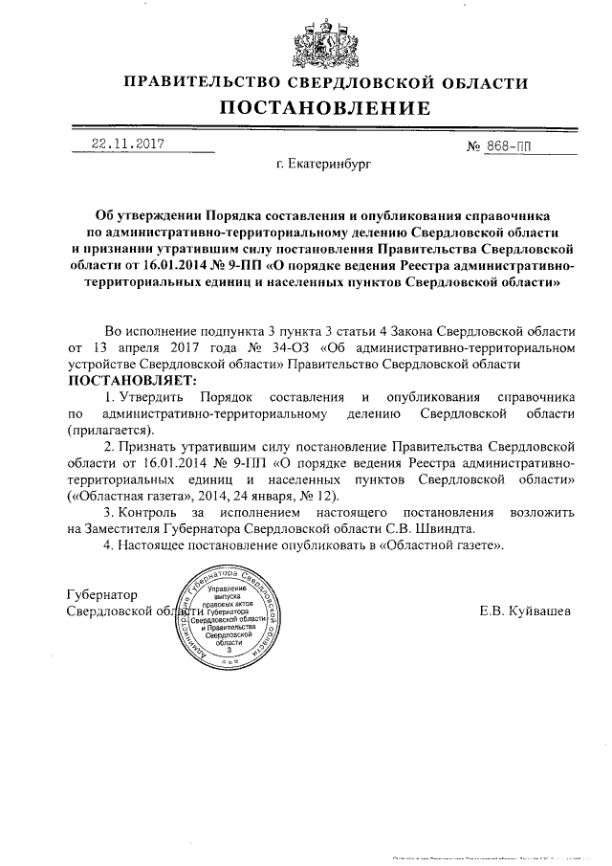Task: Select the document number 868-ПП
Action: pyautogui.click(x=507, y=145)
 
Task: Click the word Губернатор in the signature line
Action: pyautogui.click(x=105, y=593)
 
